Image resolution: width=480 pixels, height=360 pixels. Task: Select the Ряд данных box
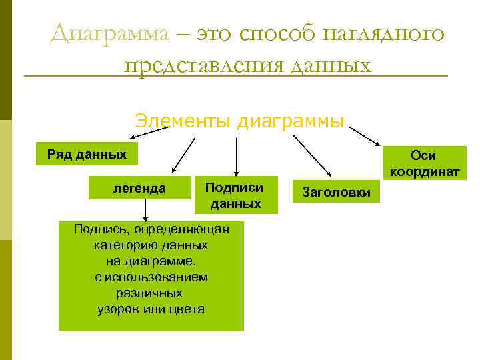click(87, 155)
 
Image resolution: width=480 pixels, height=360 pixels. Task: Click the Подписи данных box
click(235, 195)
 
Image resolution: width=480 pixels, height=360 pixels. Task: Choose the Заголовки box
click(336, 191)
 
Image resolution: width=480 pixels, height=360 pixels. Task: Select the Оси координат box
click(424, 163)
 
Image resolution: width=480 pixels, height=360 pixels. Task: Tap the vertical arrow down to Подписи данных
click(235, 156)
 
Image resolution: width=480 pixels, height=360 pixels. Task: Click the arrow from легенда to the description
click(145, 212)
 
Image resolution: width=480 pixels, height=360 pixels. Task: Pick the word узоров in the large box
click(119, 309)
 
